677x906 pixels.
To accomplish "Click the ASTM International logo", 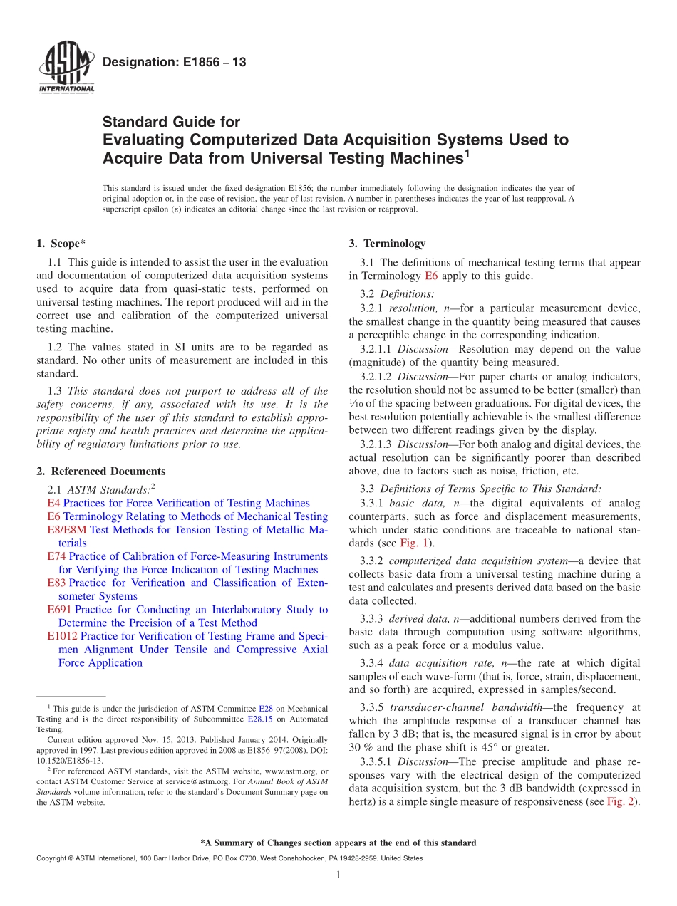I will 66,67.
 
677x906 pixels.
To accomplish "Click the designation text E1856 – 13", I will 174,63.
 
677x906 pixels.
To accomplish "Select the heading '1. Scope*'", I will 61,244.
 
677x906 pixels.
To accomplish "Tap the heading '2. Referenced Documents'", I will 100,472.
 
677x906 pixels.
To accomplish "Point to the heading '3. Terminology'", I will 387,244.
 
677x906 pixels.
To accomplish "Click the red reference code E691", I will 59,610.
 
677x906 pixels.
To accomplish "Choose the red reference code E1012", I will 62,636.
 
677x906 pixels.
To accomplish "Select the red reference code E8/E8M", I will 66,530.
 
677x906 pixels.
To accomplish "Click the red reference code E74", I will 56,556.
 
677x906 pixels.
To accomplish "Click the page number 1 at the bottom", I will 338,875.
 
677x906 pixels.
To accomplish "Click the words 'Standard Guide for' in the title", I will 171,122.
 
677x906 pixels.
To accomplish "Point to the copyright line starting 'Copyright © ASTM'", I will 229,858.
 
